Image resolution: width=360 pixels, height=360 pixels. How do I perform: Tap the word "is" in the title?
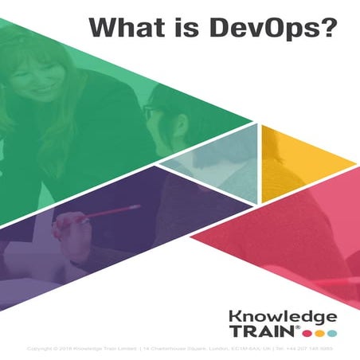tap(177, 25)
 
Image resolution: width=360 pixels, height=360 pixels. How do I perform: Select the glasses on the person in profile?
tap(151, 112)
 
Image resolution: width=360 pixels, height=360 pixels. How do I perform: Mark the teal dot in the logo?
tap(332, 332)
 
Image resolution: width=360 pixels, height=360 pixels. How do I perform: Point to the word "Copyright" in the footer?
tap(41, 349)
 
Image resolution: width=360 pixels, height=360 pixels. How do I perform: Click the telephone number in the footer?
tap(311, 349)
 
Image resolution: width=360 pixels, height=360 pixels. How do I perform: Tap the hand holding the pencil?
tap(76, 227)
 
